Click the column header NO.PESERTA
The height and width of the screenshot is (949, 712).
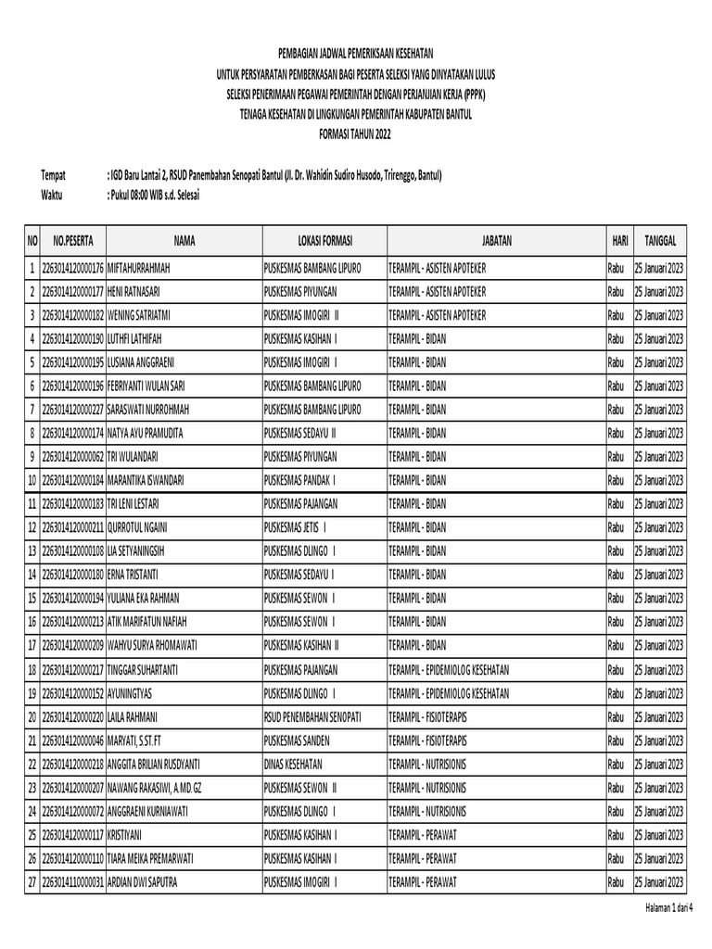click(70, 241)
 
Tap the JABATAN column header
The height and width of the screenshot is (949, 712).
click(496, 241)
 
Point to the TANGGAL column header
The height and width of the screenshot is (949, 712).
click(659, 241)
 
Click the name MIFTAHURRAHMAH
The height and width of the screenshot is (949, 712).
click(140, 269)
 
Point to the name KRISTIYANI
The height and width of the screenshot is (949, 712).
click(127, 834)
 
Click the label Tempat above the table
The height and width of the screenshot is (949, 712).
click(55, 175)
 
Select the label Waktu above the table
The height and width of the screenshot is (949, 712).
click(54, 195)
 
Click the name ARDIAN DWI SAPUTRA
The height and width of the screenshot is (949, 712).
click(145, 881)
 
